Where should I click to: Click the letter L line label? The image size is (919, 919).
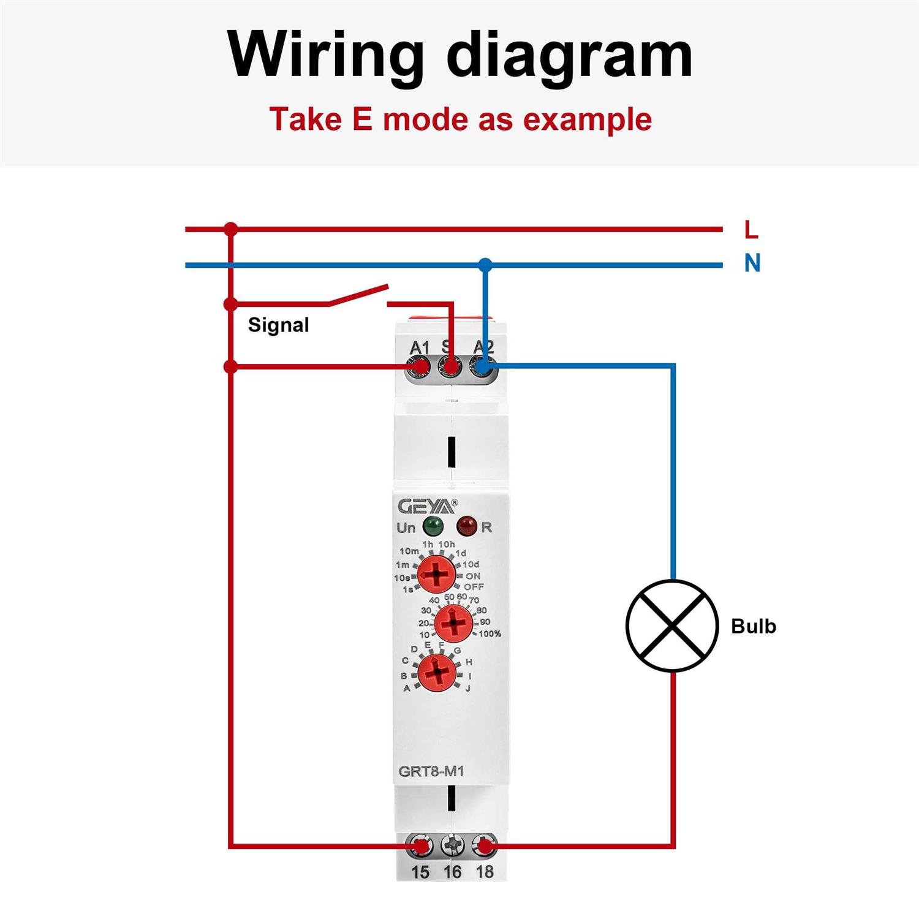751,230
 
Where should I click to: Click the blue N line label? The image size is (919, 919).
752,263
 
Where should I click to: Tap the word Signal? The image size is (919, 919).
278,325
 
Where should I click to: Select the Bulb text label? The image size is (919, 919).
754,626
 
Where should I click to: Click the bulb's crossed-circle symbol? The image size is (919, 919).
672,626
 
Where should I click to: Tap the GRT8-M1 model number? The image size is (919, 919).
431,771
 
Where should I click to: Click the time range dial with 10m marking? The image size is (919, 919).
436,575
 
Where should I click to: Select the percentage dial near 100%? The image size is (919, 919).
453,624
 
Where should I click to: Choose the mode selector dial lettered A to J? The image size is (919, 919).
437,673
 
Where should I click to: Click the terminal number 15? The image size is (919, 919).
420,872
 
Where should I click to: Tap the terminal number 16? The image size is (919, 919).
452,872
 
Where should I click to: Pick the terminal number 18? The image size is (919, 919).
485,872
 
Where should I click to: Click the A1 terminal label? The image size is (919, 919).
420,347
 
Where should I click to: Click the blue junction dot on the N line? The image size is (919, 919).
485,265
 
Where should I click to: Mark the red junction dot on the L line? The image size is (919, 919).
230,230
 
